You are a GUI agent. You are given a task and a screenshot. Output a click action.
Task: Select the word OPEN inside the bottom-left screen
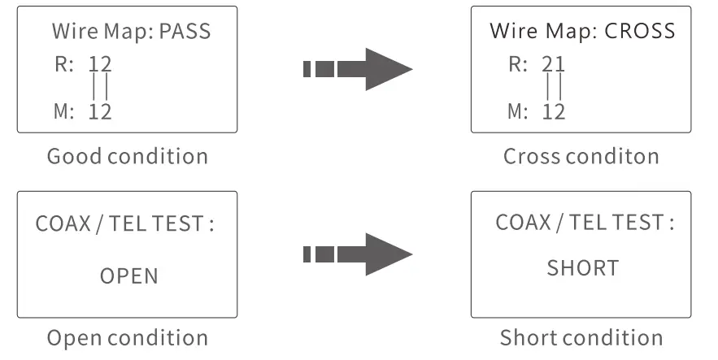(129, 276)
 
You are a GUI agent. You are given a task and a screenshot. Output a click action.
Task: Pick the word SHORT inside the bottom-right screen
(582, 267)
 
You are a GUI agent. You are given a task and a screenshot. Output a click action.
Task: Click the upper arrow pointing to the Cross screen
(358, 69)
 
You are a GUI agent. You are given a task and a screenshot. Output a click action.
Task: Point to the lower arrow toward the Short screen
(358, 254)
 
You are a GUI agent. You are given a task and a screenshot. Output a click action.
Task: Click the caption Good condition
(128, 156)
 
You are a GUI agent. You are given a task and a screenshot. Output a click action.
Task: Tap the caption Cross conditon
(581, 156)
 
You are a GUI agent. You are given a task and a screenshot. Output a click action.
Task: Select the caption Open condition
(128, 337)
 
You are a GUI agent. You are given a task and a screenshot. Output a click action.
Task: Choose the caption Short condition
(581, 337)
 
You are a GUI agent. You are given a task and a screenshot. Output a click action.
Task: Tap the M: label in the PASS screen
(63, 112)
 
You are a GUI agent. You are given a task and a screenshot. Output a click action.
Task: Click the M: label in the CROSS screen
(517, 112)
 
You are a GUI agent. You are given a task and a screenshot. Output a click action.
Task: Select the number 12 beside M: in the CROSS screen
(554, 112)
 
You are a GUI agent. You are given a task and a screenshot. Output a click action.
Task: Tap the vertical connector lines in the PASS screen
(100, 87)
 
